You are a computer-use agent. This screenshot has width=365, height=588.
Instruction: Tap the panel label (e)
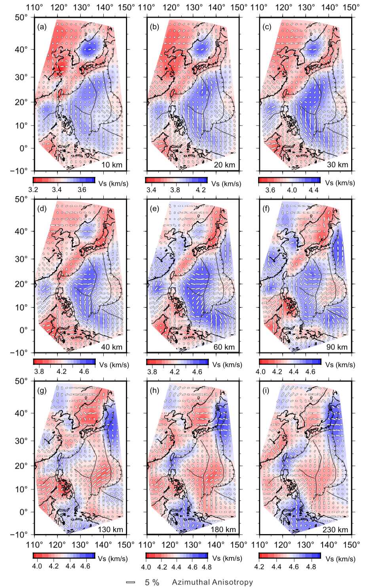[153, 208]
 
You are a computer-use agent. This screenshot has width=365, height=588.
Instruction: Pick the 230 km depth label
[337, 530]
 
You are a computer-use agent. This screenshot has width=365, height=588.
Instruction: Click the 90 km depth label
[337, 347]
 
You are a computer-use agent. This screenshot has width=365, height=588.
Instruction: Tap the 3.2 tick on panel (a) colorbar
[38, 190]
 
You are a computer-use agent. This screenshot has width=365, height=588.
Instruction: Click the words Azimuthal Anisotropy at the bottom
[212, 582]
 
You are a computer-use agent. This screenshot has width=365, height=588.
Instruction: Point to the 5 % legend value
[152, 582]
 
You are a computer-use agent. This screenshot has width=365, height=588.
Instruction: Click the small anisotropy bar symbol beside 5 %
[130, 582]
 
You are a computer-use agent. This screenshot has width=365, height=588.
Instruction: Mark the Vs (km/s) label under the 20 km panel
[226, 183]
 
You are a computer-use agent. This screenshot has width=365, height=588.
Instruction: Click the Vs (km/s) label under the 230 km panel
[340, 559]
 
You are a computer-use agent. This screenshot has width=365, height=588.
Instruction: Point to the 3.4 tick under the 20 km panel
[151, 190]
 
